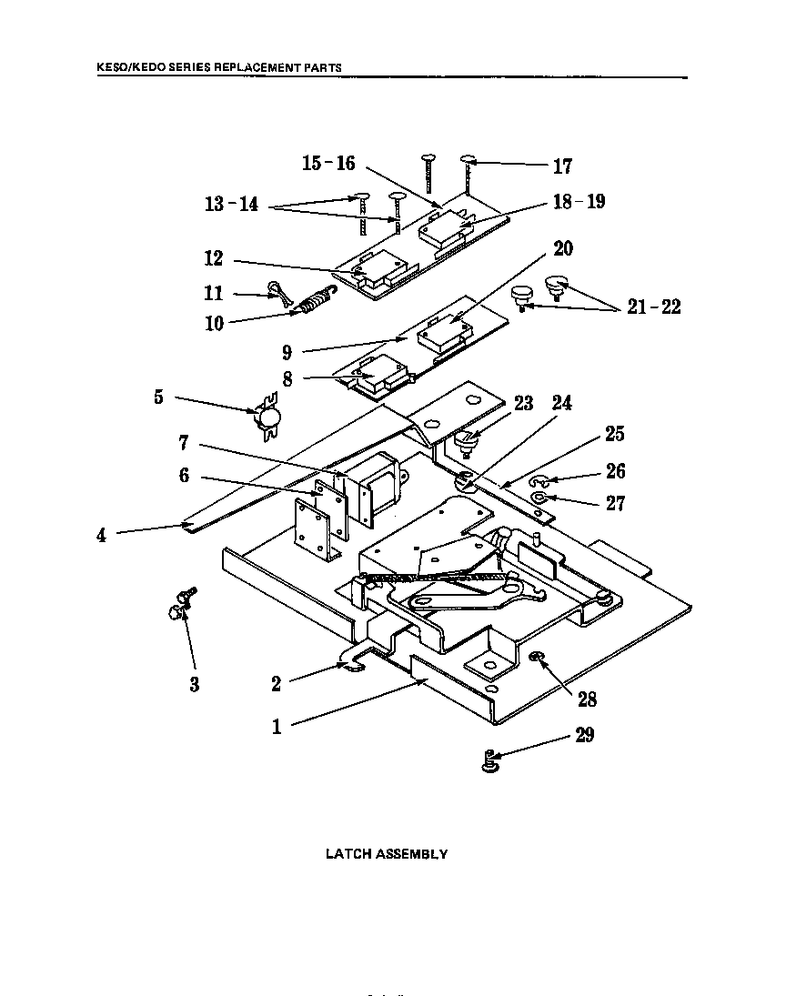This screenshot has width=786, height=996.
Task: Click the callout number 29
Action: (x=584, y=735)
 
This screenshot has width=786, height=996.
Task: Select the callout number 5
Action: (x=158, y=397)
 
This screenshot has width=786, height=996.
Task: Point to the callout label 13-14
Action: (x=231, y=205)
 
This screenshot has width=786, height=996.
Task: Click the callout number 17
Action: (x=562, y=166)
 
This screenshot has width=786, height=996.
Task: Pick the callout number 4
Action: (x=101, y=536)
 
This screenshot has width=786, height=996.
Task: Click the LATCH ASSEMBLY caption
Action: (x=387, y=854)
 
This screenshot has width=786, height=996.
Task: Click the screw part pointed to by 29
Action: (x=490, y=760)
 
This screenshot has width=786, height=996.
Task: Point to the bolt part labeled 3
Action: (x=183, y=603)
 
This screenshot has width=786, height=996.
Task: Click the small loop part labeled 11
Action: (x=277, y=292)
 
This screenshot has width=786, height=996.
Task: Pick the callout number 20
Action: (x=563, y=248)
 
